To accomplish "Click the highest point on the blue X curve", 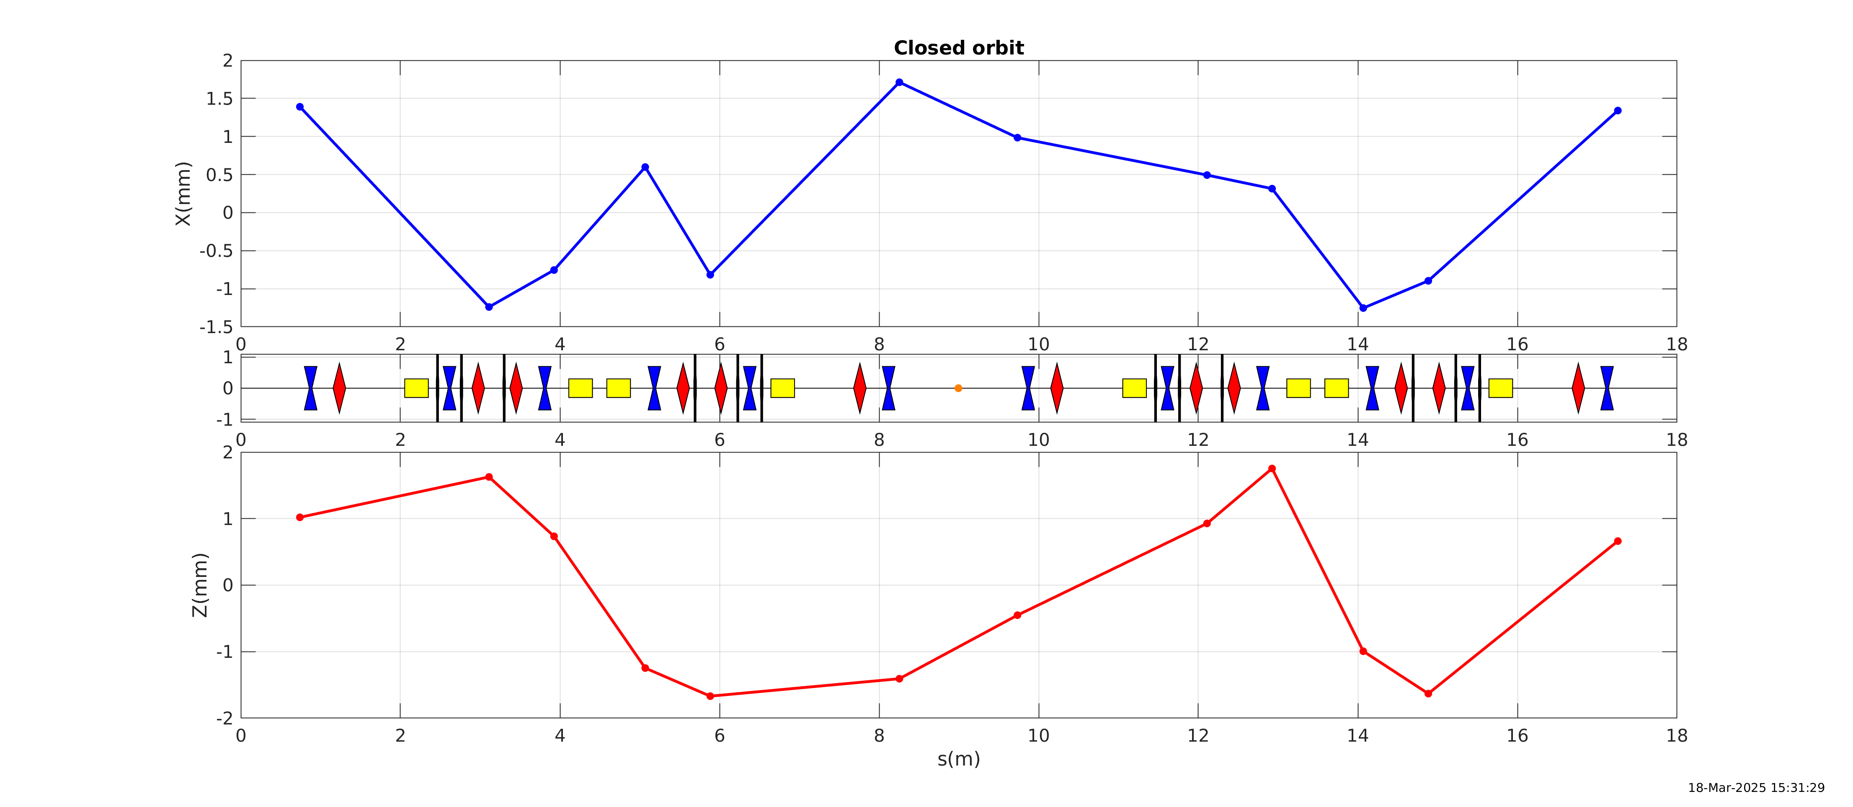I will (x=899, y=83).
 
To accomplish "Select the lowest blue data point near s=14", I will (x=1363, y=308).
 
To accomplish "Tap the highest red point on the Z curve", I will (x=1272, y=468).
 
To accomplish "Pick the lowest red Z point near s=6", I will (x=710, y=696).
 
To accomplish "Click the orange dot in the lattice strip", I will (x=958, y=388).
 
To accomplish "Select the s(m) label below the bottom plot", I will (x=958, y=759).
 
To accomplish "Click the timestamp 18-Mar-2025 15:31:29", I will (x=1756, y=788).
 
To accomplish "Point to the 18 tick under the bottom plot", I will (x=1676, y=736).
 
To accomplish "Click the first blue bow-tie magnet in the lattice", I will (x=310, y=388).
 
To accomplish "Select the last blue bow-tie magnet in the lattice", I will (x=1607, y=388).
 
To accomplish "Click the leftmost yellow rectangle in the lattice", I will (x=416, y=388).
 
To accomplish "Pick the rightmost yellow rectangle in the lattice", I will (x=1500, y=388).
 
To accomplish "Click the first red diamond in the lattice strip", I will (x=339, y=388).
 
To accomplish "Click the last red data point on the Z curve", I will (x=1618, y=541).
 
